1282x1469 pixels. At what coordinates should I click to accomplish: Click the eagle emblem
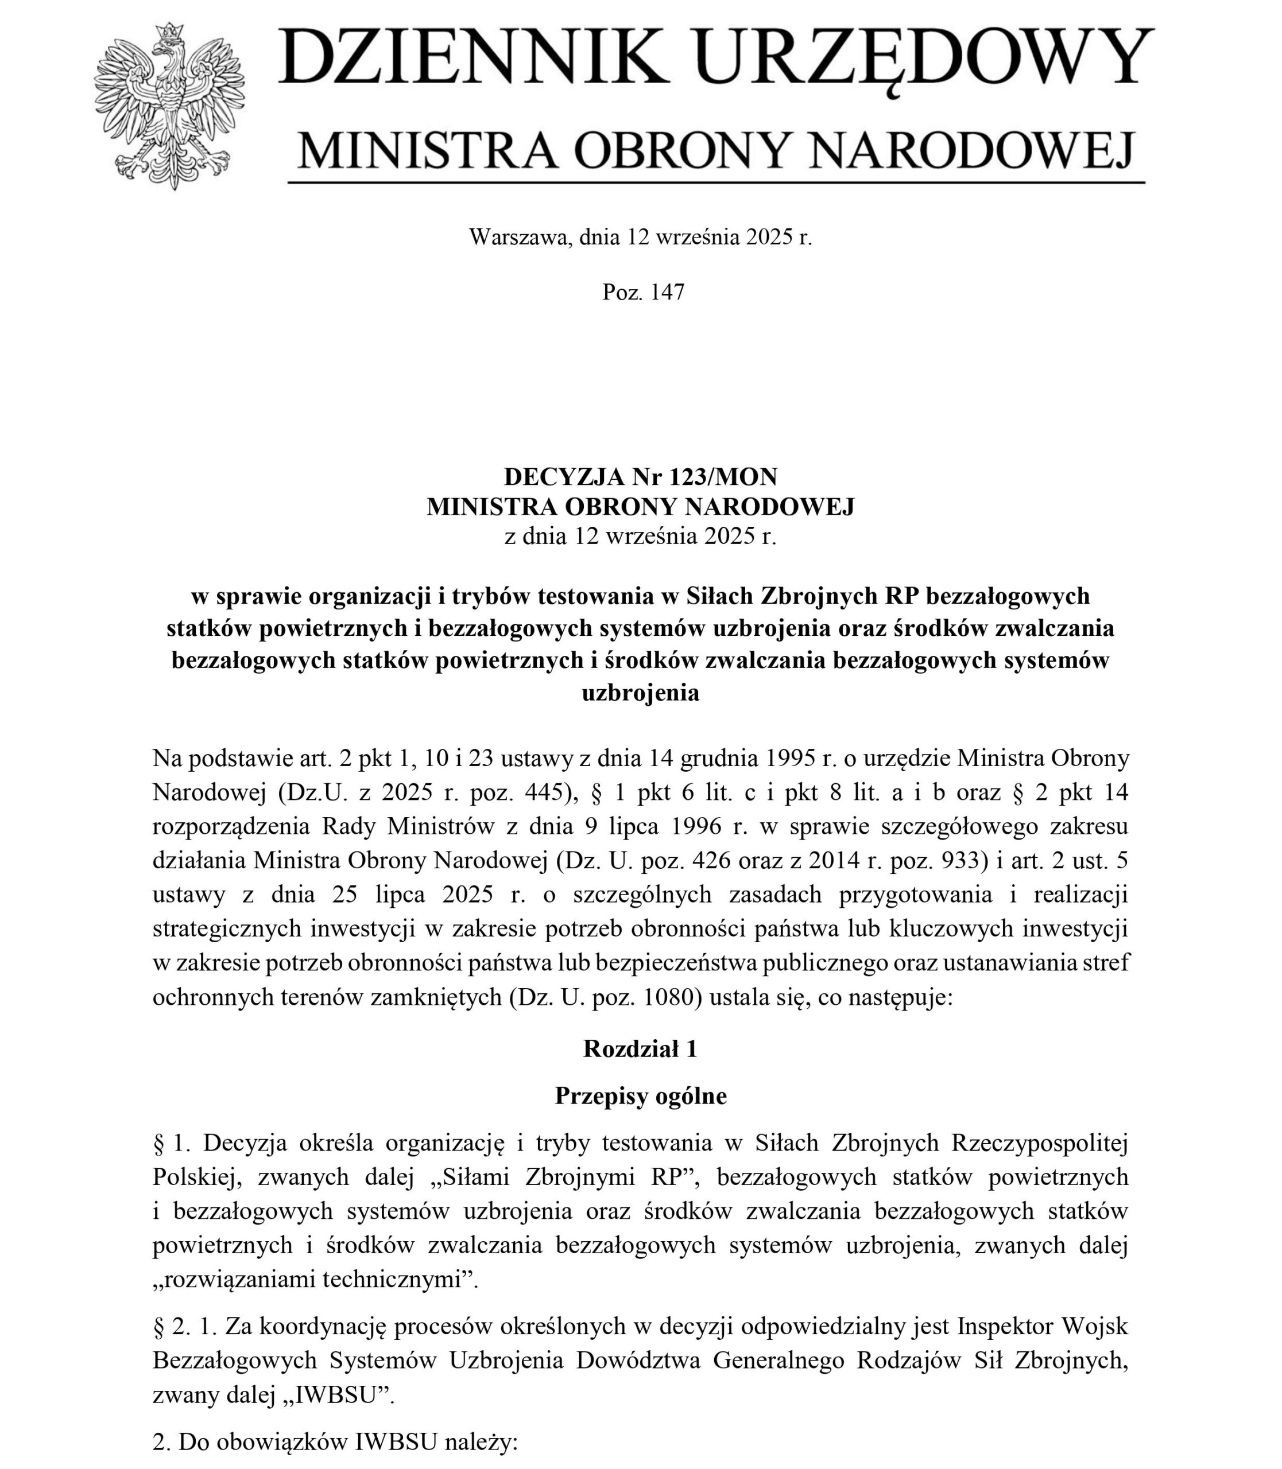point(169,107)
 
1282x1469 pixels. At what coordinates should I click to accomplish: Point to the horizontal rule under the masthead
point(715,183)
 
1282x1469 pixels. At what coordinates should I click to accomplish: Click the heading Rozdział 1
point(640,1048)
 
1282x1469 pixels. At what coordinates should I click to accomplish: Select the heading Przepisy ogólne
point(640,1097)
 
